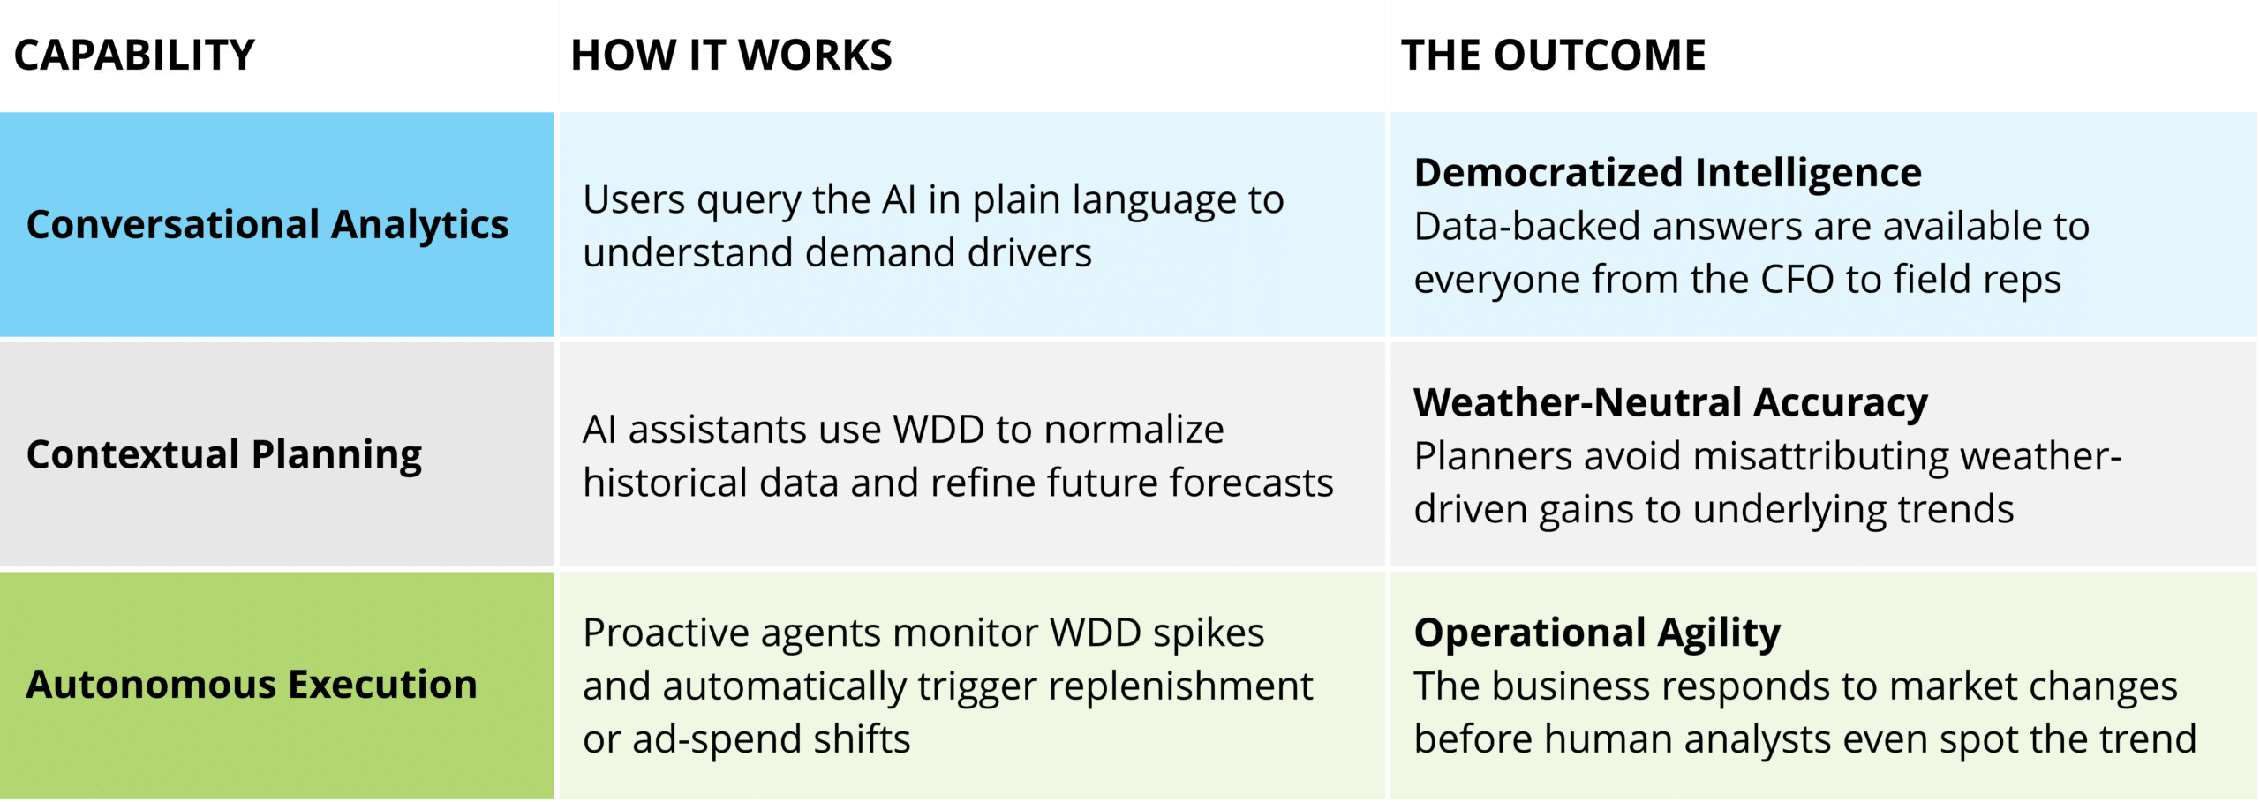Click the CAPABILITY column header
click(x=134, y=55)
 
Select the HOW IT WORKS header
click(x=731, y=55)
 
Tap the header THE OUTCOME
click(x=1553, y=55)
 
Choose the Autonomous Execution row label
click(x=252, y=685)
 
